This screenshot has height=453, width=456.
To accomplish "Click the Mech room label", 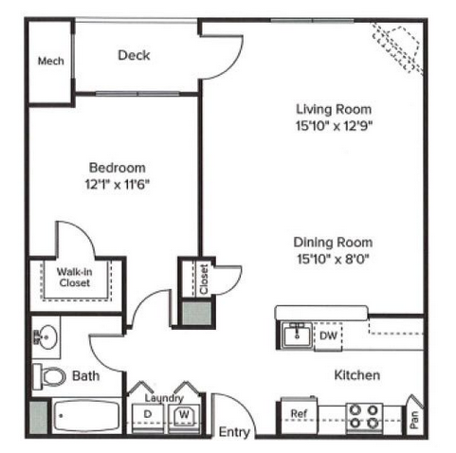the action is (51, 61).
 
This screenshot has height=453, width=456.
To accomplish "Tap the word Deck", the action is (134, 55).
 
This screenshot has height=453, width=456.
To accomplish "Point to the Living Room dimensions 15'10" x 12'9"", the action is (334, 126).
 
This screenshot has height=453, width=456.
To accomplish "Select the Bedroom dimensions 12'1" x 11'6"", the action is (118, 184).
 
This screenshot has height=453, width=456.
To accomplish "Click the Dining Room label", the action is (333, 243).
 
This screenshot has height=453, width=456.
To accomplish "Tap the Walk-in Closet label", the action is (75, 277).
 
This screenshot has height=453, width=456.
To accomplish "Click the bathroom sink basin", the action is (46, 337).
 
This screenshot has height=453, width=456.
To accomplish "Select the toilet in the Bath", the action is (49, 376).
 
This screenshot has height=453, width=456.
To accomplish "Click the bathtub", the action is (86, 416).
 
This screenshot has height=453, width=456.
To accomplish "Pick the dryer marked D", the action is (148, 419).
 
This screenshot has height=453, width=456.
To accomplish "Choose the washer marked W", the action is (184, 419).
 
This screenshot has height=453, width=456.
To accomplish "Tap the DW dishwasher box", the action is (328, 336).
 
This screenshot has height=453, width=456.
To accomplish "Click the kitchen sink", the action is (297, 335).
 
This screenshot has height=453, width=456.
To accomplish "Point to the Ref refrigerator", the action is (299, 416).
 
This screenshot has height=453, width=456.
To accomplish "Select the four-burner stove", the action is (364, 417).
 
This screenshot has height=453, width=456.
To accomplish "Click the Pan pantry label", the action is (414, 420).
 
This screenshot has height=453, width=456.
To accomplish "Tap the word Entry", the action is (234, 432).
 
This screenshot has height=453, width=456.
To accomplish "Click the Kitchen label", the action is (357, 375).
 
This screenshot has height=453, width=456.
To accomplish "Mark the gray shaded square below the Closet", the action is (197, 313).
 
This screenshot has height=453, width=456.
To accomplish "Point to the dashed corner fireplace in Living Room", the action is (397, 49).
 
